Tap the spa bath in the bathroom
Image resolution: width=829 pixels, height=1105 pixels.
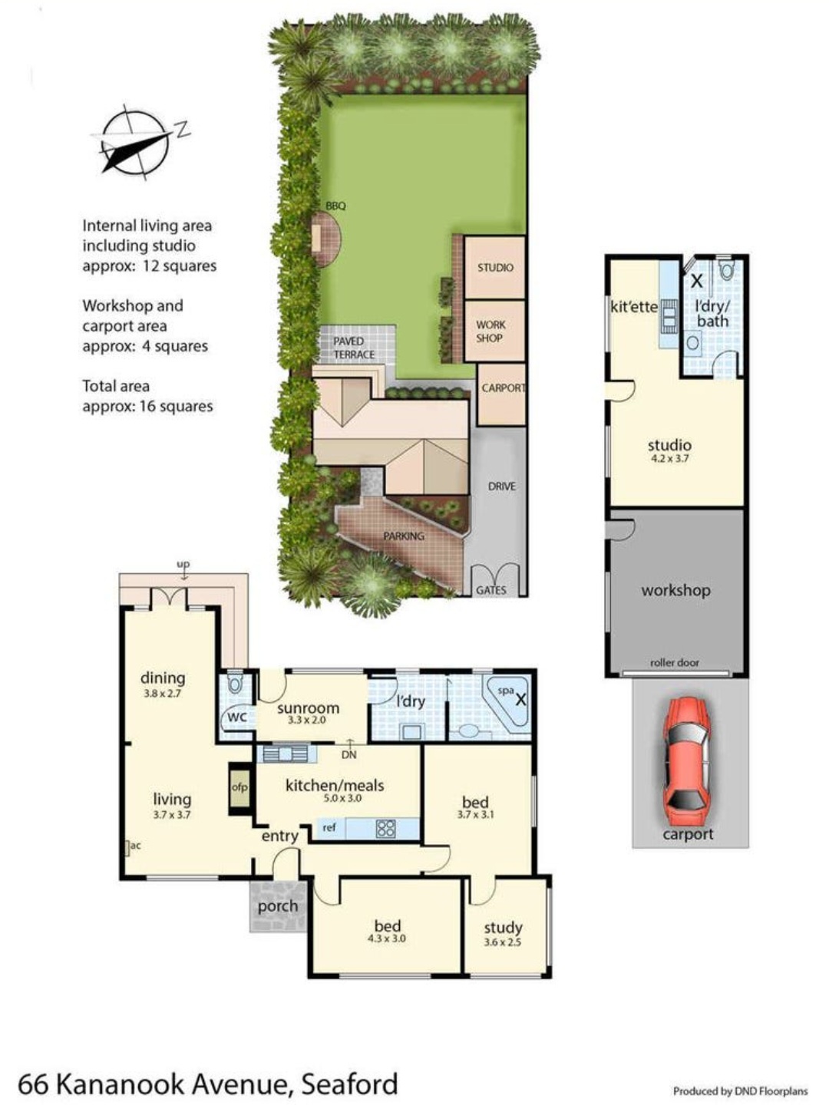click(507, 702)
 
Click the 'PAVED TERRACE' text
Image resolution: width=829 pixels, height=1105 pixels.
click(355, 348)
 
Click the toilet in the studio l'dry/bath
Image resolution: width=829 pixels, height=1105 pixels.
click(726, 269)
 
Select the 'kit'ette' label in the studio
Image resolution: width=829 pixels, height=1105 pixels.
click(634, 307)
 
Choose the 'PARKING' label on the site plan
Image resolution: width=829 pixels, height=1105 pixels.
click(404, 536)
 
